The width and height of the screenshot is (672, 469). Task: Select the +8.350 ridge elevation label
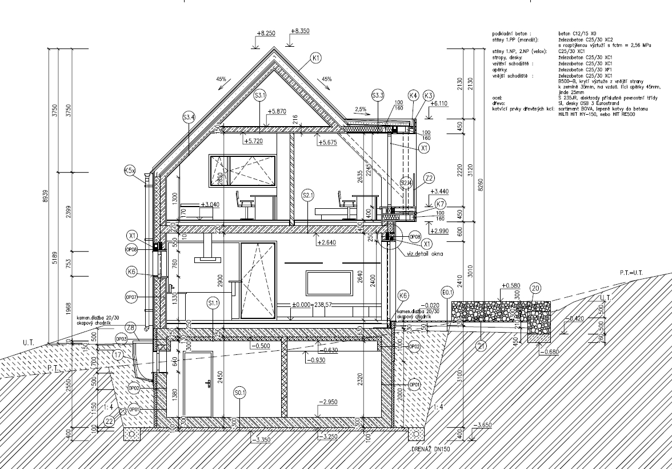click(x=299, y=31)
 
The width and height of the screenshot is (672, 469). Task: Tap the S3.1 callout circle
click(x=261, y=95)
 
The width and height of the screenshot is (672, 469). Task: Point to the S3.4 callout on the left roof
click(x=189, y=118)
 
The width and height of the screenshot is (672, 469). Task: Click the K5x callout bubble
click(x=130, y=170)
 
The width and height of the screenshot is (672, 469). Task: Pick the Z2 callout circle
click(x=430, y=177)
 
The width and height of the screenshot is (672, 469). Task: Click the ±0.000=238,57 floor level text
click(x=320, y=305)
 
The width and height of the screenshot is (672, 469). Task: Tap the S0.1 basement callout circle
click(x=239, y=393)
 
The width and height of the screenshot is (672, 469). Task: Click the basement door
click(x=198, y=384)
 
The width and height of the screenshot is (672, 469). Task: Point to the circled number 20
click(x=535, y=288)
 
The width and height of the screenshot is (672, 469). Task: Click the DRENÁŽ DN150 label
click(x=431, y=450)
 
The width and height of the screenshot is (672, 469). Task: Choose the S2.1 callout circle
click(x=307, y=196)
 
